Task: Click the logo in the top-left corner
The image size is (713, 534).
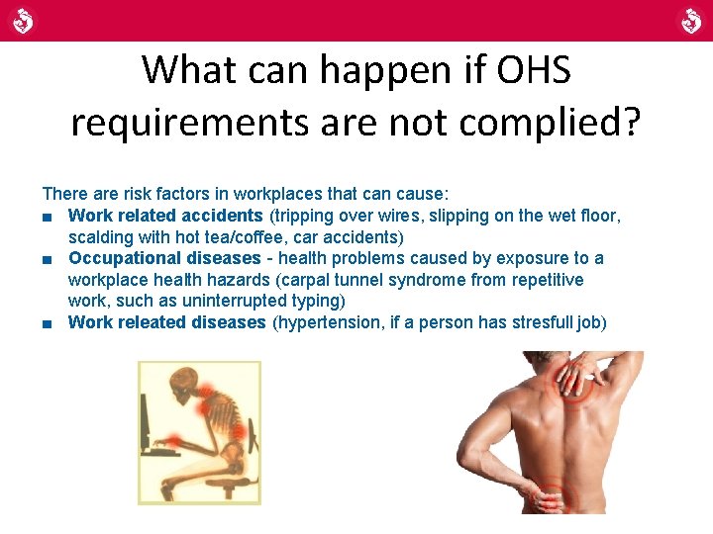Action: click(23, 20)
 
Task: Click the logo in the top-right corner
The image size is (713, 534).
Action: click(690, 20)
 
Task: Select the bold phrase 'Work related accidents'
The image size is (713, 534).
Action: click(165, 215)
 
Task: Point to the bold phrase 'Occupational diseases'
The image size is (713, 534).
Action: click(164, 258)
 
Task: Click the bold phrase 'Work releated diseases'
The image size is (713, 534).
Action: click(166, 322)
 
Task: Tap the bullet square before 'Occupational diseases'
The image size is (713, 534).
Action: click(48, 259)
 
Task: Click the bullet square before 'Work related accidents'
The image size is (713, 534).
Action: click(48, 216)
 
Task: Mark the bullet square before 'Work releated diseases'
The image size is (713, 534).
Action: click(48, 323)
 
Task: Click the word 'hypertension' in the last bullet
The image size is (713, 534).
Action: click(324, 322)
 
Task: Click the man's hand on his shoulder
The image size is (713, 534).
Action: click(592, 374)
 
